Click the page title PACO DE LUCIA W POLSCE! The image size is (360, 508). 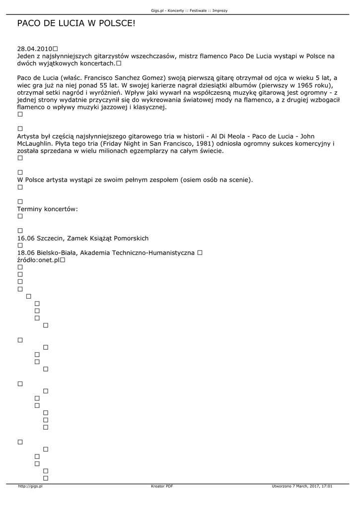(76, 23)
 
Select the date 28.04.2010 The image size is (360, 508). (35, 49)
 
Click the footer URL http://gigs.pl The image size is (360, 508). (30, 486)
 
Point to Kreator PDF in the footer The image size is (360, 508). (162, 486)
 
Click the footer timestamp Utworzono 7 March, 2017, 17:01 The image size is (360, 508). (302, 486)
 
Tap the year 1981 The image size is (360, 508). (198, 144)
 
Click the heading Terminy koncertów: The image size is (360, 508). (48, 209)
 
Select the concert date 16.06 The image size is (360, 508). (25, 238)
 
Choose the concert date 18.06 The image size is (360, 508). (25, 253)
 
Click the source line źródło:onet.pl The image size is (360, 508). (38, 260)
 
